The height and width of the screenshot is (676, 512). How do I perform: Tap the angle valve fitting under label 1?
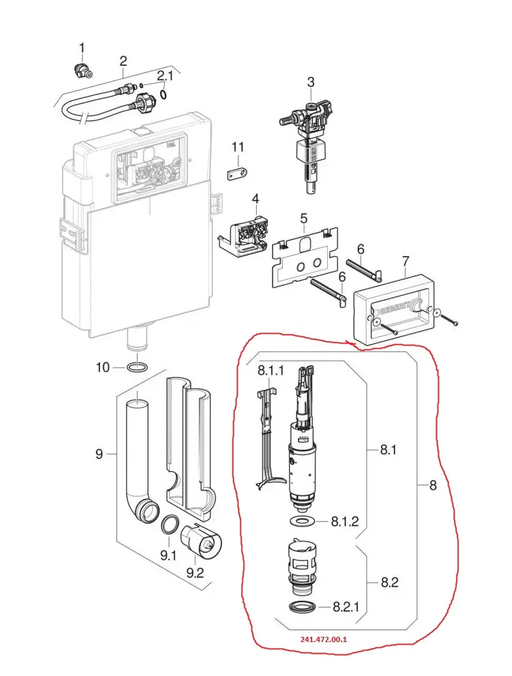[x=82, y=70]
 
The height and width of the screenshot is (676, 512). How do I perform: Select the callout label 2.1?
[x=165, y=76]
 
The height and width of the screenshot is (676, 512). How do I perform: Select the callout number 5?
[x=304, y=217]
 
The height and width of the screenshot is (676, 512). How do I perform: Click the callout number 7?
[x=404, y=263]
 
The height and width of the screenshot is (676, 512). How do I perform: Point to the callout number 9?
[x=99, y=453]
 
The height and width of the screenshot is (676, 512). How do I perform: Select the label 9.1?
[x=169, y=556]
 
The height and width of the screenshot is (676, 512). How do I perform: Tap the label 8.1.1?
[x=270, y=371]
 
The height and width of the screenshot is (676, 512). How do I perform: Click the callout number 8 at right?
[x=433, y=485]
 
